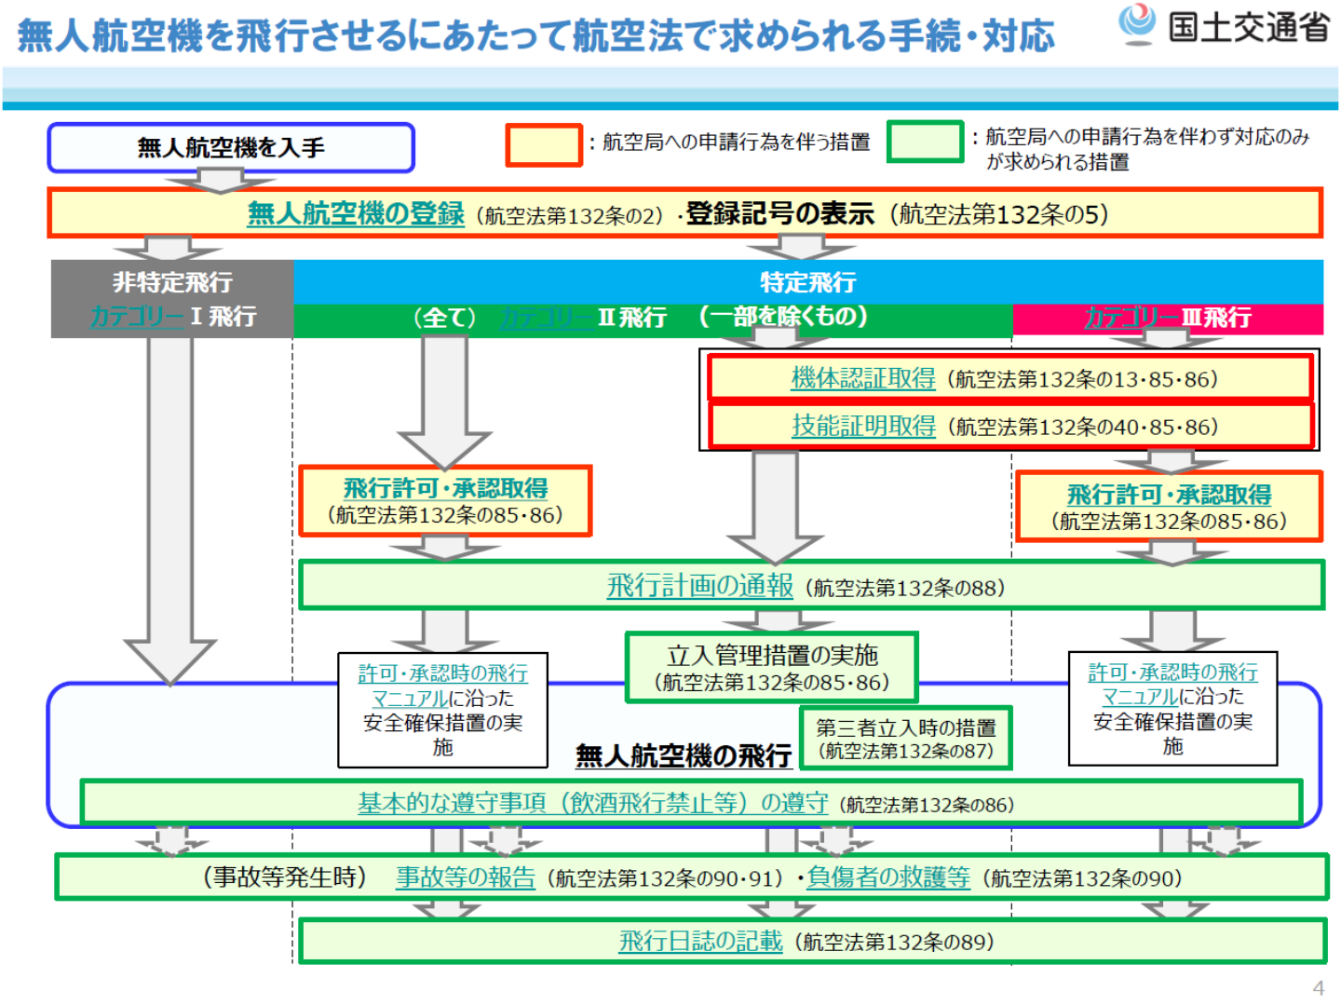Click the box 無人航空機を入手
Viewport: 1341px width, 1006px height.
click(x=231, y=148)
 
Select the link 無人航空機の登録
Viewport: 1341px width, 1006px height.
click(x=355, y=214)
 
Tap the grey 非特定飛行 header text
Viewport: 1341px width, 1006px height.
click(x=172, y=282)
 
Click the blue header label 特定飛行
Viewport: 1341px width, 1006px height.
click(x=807, y=282)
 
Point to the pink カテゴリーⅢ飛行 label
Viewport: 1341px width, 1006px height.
click(x=1167, y=318)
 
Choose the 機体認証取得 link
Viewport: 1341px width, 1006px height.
click(x=863, y=379)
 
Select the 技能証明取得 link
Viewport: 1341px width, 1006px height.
click(x=863, y=427)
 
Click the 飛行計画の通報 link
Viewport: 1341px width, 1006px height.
click(x=699, y=587)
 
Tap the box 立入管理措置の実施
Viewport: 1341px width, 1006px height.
click(x=772, y=668)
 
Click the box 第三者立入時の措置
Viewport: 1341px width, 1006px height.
click(x=905, y=738)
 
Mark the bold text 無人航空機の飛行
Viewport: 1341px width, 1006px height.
click(x=684, y=755)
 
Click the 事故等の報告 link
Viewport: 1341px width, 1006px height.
click(x=466, y=877)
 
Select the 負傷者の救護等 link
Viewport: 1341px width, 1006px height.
click(x=887, y=877)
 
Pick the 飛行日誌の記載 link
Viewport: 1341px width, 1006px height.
click(x=700, y=942)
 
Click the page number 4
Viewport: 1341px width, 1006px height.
click(x=1318, y=988)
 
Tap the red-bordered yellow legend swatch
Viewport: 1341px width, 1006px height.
click(x=544, y=145)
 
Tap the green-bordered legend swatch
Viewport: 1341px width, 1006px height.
click(x=925, y=142)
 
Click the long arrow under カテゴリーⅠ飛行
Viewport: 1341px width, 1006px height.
click(x=170, y=503)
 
